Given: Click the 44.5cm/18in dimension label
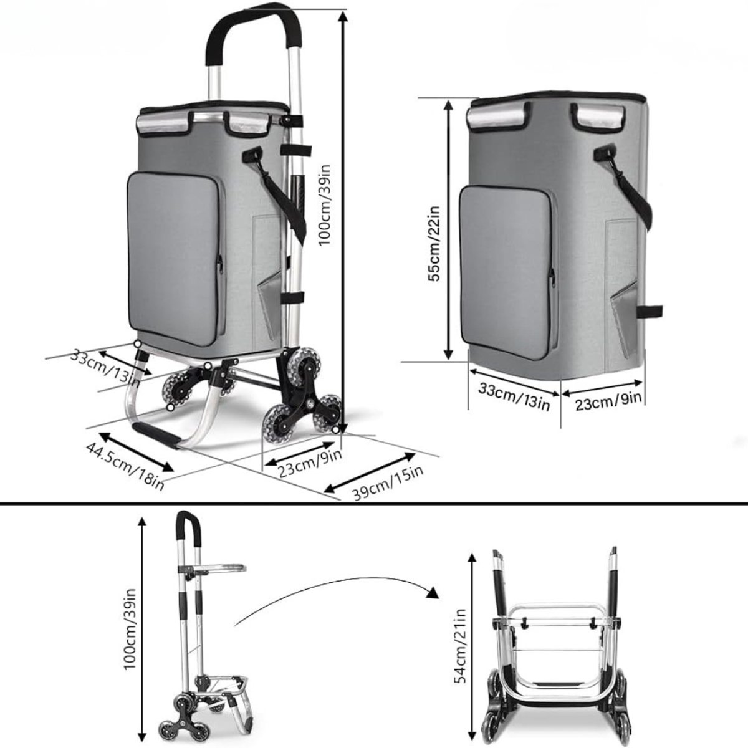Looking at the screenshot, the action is pyautogui.click(x=125, y=467).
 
